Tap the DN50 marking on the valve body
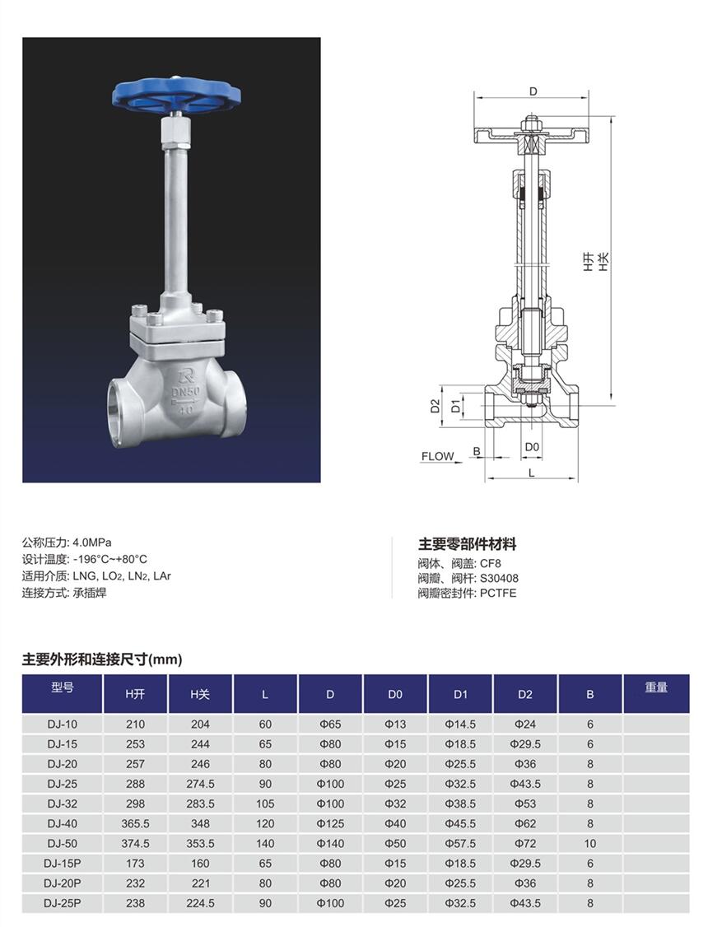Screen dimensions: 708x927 185,391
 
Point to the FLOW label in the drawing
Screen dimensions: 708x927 437,456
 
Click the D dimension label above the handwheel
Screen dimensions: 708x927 533,91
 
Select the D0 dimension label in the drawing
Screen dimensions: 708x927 533,447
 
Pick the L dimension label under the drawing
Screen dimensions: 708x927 531,473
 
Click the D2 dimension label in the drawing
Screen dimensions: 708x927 435,405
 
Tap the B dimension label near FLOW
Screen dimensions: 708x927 477,452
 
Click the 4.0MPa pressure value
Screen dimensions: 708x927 91,542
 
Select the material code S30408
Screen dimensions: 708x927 499,578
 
